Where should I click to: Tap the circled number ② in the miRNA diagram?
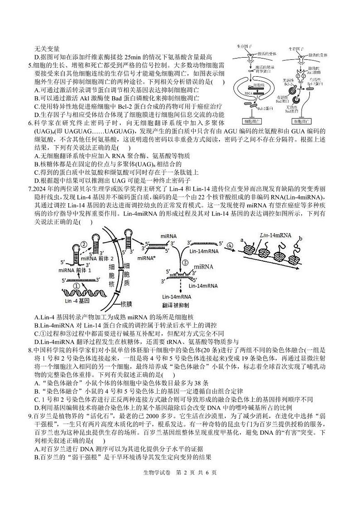tap(84, 244)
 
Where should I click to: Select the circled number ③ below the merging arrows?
tap(185, 262)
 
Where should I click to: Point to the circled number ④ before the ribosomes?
tap(230, 245)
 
